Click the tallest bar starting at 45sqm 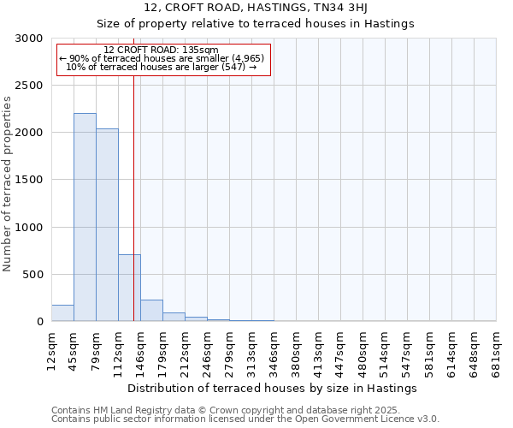[x=85, y=217]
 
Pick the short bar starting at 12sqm [x=62, y=313]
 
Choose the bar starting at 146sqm [x=151, y=311]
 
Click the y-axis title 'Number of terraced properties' [x=8, y=183]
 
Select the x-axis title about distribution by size [x=277, y=388]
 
